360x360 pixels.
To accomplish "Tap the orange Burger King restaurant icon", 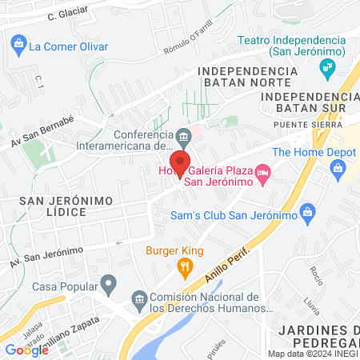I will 186,267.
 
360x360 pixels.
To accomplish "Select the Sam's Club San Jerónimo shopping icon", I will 306,212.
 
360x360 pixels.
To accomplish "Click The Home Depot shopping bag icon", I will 338,168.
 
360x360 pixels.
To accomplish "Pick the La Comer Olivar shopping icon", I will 16,46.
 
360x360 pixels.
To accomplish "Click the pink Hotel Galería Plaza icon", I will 263,171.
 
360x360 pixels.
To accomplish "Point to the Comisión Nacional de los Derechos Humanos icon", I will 138,301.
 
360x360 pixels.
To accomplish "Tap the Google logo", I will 26,350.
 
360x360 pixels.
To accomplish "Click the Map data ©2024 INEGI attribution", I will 312,354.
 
